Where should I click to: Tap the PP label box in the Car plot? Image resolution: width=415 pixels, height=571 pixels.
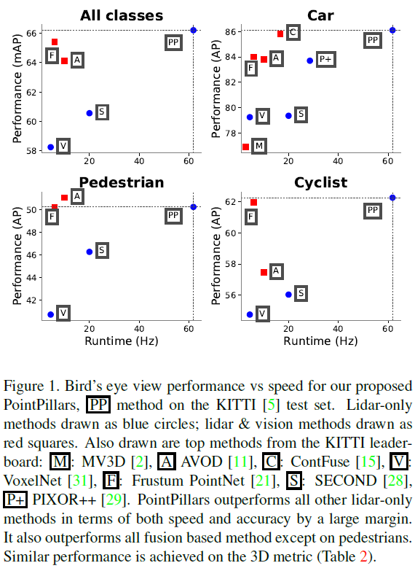(x=372, y=40)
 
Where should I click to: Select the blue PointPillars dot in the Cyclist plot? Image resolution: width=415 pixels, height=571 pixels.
(x=392, y=198)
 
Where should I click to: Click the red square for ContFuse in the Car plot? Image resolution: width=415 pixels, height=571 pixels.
(x=280, y=34)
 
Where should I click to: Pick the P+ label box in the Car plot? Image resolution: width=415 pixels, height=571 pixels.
(x=325, y=60)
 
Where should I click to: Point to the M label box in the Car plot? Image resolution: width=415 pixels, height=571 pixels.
(x=258, y=147)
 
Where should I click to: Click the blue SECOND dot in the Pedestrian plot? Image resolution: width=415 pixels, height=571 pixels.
(x=90, y=252)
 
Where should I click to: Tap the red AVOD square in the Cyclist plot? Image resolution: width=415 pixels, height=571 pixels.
(x=264, y=272)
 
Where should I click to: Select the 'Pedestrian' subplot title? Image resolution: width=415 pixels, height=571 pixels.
(x=121, y=182)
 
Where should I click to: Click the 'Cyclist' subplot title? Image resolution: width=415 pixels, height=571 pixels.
(x=320, y=182)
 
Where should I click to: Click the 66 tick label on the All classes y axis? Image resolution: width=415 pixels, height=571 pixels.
(x=31, y=34)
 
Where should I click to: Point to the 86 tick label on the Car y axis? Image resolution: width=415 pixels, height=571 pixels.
(x=229, y=32)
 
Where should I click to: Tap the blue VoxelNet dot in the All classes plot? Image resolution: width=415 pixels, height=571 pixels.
(x=50, y=147)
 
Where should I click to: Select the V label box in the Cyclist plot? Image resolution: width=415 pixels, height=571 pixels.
(x=261, y=314)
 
